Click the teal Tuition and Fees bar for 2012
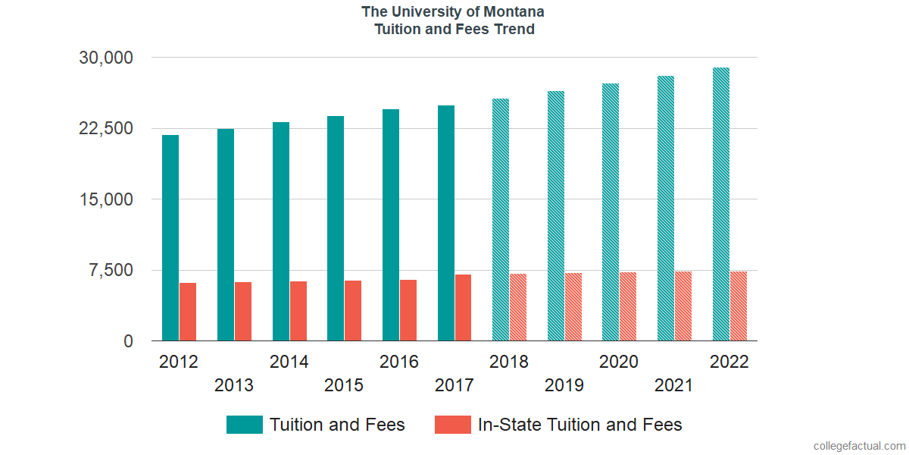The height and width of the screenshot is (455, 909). click(x=170, y=238)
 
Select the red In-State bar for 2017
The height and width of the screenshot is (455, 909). click(x=463, y=308)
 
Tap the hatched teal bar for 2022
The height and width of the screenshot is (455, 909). click(x=721, y=205)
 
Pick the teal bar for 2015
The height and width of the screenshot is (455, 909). click(x=336, y=228)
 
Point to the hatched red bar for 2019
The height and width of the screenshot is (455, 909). click(x=573, y=307)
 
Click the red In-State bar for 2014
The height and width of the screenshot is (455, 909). click(x=298, y=311)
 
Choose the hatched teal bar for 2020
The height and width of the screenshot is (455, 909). click(x=611, y=212)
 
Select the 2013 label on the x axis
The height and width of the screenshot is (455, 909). click(x=234, y=385)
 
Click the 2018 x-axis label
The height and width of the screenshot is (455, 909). click(x=509, y=362)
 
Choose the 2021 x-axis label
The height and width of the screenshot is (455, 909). click(x=673, y=385)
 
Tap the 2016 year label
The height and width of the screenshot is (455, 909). click(x=399, y=362)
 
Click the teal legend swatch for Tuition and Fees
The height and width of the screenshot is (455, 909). click(x=244, y=425)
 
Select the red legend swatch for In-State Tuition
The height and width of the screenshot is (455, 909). click(x=452, y=425)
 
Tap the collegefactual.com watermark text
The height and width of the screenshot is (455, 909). click(x=858, y=446)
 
